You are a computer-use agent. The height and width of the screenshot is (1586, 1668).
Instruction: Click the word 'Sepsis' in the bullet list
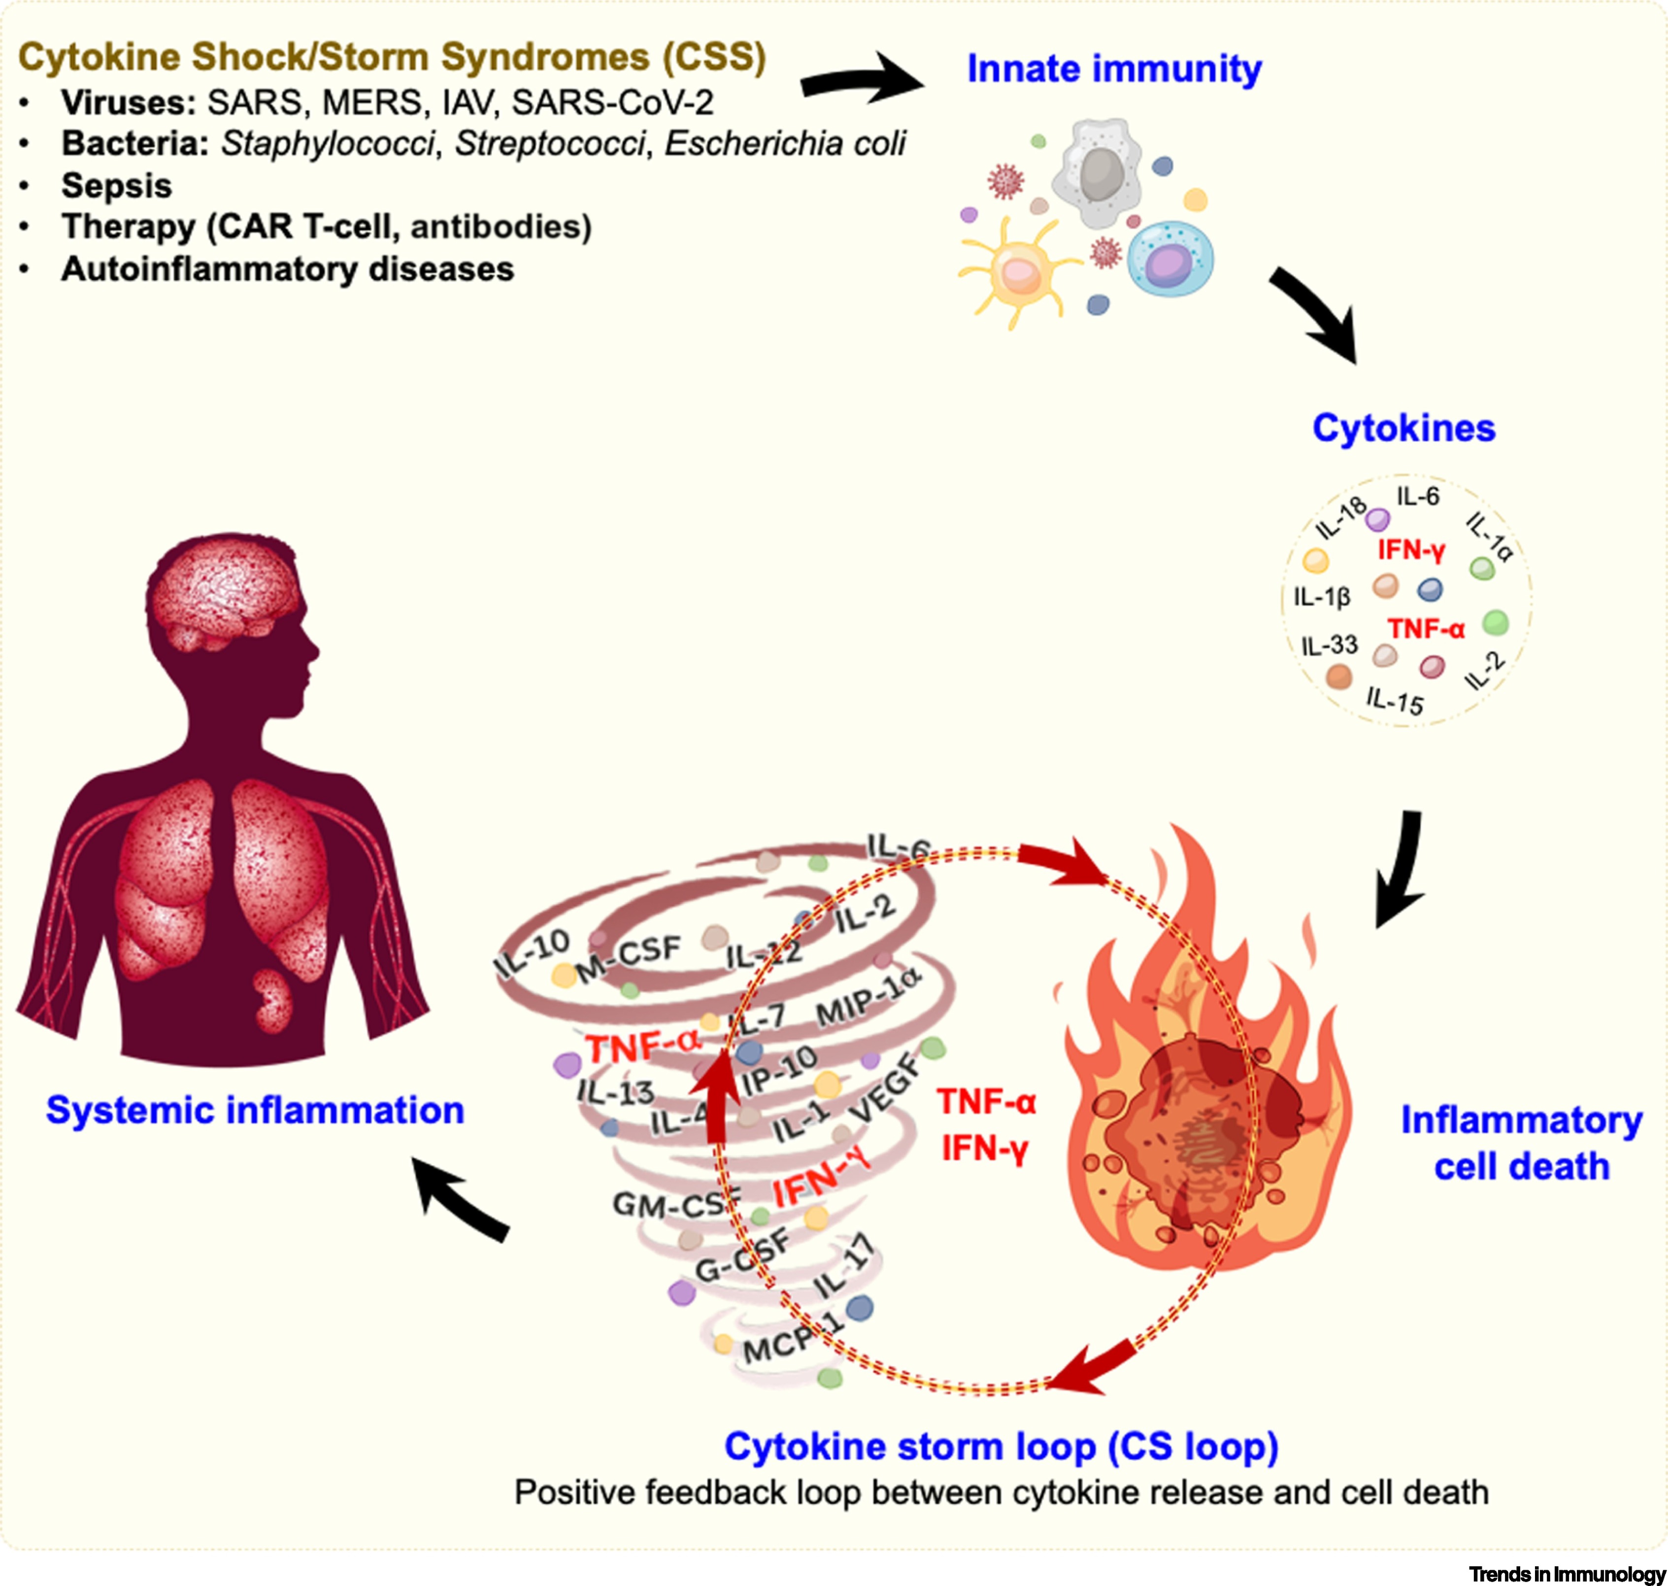(117, 186)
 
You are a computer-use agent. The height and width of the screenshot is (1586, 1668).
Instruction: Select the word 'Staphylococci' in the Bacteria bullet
(328, 144)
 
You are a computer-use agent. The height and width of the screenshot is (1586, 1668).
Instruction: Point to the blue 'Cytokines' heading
(1403, 429)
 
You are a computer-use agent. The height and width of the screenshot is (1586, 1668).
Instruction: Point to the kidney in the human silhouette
(272, 1001)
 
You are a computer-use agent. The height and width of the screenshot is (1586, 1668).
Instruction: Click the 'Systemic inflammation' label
(255, 1110)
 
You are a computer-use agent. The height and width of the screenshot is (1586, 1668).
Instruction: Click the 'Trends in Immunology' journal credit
(1567, 1574)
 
